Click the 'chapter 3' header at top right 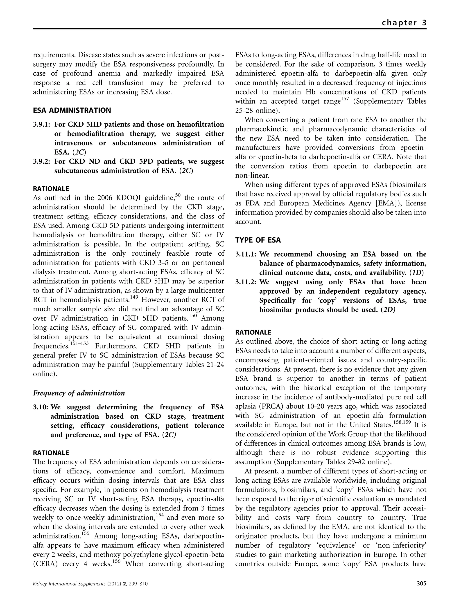coord(404,22)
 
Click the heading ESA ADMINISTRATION coord(72,111)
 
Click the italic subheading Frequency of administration coord(79,393)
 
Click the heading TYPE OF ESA coord(258,240)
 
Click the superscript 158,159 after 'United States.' coord(402,422)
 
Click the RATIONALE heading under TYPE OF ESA coord(253,333)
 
